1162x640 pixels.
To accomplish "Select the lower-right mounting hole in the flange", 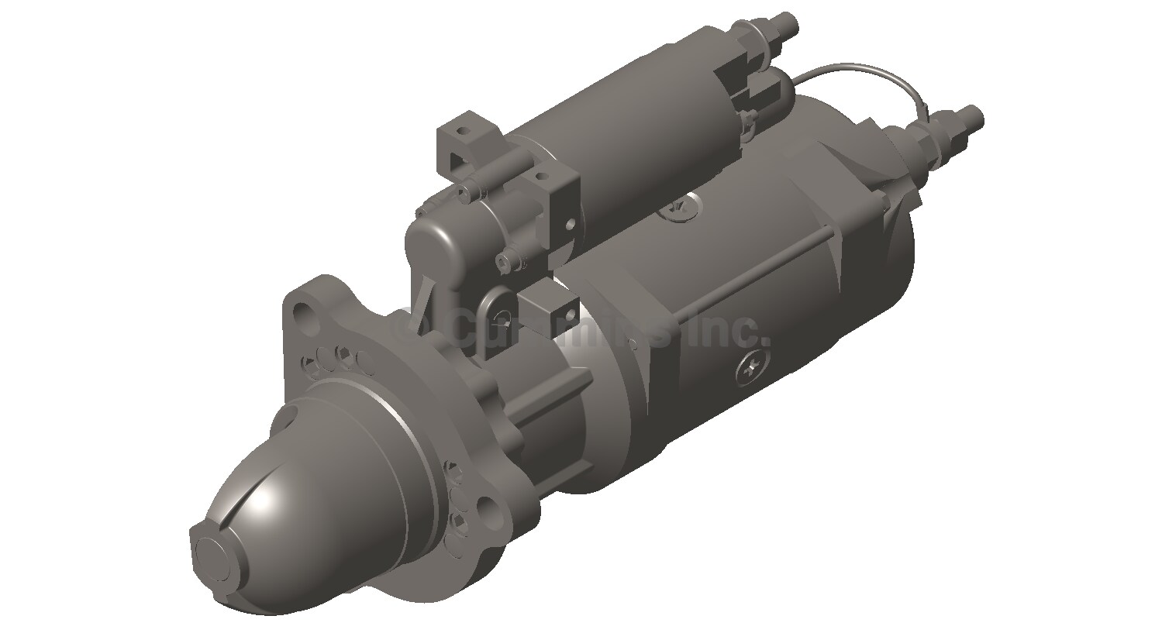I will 489,509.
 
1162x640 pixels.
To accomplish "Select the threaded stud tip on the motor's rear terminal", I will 974,118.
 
